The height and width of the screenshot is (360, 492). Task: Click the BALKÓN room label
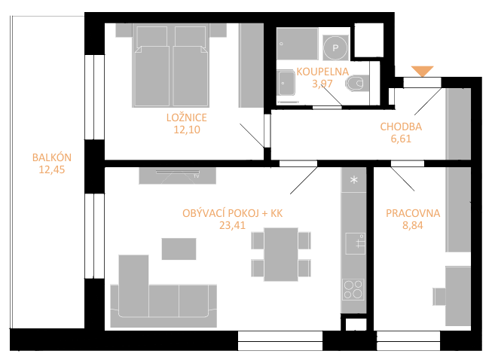(x=52, y=157)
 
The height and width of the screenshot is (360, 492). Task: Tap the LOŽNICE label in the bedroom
(x=187, y=117)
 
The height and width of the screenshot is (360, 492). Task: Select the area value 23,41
(x=232, y=225)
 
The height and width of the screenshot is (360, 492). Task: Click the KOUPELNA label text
(x=322, y=72)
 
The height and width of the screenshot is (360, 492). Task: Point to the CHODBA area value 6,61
(x=401, y=139)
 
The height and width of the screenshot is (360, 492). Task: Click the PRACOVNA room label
(x=413, y=213)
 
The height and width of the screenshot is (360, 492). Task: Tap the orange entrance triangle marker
(x=423, y=72)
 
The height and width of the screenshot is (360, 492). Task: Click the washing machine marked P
(x=335, y=47)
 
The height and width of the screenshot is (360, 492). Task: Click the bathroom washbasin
(x=286, y=83)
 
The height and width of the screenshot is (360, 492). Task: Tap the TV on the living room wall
(x=178, y=172)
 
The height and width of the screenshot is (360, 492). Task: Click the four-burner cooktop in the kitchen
(x=353, y=289)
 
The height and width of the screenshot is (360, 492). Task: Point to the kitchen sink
(x=355, y=244)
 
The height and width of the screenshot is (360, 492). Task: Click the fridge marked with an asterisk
(x=354, y=180)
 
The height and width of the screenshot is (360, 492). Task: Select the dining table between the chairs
(x=281, y=255)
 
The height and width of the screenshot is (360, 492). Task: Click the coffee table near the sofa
(x=179, y=249)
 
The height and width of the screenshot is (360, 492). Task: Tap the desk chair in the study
(x=439, y=296)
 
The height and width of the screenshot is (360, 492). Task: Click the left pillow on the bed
(x=152, y=37)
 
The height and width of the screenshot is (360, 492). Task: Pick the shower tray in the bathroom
(x=297, y=44)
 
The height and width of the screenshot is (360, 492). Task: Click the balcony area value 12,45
(x=52, y=169)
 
